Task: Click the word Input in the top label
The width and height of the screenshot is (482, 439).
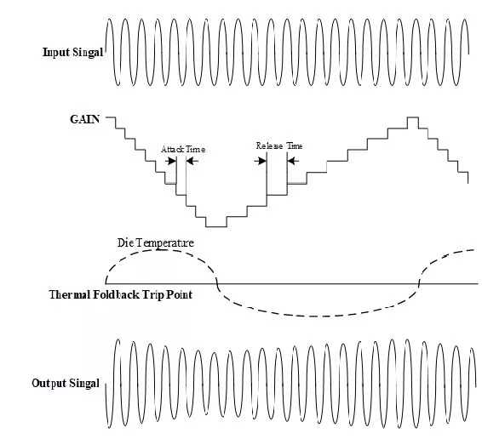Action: pos(56,53)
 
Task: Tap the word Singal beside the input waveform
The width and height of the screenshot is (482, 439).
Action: pos(88,53)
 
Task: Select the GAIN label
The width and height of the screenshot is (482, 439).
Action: pos(85,119)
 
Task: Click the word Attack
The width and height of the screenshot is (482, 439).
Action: pos(173,149)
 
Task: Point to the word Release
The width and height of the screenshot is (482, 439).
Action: pos(269,145)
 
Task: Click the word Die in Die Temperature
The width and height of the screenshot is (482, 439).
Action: pos(125,242)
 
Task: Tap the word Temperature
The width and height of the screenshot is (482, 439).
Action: pos(164,243)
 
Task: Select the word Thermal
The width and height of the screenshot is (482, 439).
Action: pos(70,294)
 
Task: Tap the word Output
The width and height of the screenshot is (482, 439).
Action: pos(49,384)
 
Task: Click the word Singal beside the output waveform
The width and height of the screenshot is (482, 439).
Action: pos(84,384)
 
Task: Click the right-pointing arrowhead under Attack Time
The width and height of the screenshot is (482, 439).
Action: pos(172,161)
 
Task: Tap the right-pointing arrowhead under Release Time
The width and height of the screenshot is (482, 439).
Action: pos(262,161)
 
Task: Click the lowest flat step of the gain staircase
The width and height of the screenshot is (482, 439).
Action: pos(216,226)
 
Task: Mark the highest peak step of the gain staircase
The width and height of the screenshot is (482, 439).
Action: pos(413,117)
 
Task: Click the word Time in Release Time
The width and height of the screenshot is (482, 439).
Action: pos(295,145)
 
